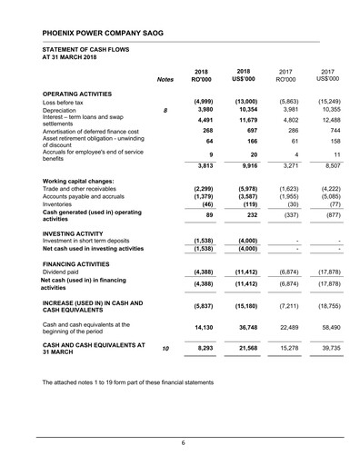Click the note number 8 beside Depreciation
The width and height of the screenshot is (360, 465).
click(x=165, y=111)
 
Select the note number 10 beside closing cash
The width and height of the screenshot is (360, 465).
click(x=165, y=349)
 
